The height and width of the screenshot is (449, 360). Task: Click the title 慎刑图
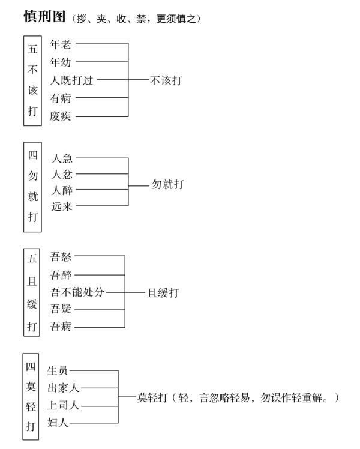[x=45, y=17]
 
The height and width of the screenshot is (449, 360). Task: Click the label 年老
[x=61, y=44]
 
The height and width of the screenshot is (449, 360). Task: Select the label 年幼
[x=61, y=62]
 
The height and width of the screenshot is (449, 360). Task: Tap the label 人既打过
[x=72, y=80]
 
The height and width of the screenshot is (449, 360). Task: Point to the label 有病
[x=61, y=98]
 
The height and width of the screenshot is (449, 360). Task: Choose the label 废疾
[x=61, y=116]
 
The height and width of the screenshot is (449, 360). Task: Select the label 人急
[x=62, y=158]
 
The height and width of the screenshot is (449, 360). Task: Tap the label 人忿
[x=62, y=175]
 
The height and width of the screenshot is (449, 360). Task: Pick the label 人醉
[x=62, y=190]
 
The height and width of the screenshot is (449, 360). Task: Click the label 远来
[x=62, y=206]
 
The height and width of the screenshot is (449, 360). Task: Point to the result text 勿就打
[x=167, y=184]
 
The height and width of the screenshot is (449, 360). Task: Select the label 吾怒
[x=61, y=257]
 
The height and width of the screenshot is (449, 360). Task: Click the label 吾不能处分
[x=77, y=292]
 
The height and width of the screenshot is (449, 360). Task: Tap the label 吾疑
[x=61, y=310]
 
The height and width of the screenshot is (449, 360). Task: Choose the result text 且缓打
[x=163, y=292]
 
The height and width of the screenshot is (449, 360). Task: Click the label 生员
[x=58, y=370]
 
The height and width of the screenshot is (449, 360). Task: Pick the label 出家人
[x=64, y=388]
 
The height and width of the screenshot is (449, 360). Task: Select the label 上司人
[x=64, y=405]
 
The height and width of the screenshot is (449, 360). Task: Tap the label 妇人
[x=58, y=423]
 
